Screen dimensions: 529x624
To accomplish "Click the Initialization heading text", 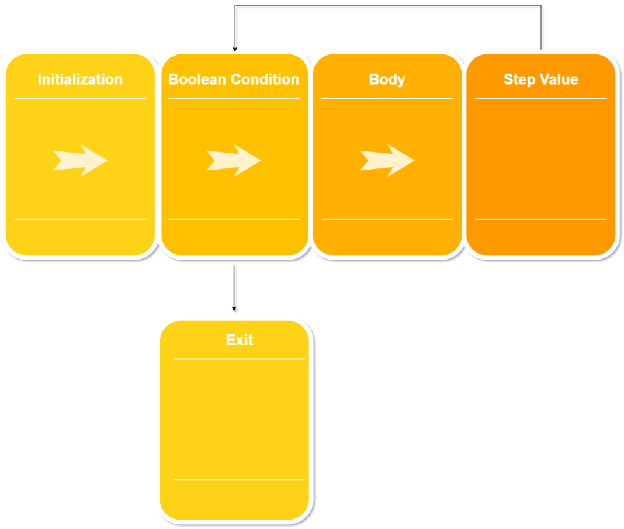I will point(80,79).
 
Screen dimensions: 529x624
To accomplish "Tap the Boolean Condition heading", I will point(234,79).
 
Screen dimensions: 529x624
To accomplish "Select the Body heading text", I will point(387,79).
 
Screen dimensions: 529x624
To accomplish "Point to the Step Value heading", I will point(541,79).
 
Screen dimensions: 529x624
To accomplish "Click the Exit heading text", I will point(240,340).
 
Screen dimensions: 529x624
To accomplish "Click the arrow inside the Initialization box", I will point(80,160).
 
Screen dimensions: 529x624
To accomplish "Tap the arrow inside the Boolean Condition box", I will point(234,160).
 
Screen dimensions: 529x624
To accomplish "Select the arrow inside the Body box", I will point(387,160).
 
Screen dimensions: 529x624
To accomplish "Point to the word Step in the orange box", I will point(516,79).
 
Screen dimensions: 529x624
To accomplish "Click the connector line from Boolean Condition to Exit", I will point(236,286).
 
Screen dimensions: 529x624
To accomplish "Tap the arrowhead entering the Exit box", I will point(235,309).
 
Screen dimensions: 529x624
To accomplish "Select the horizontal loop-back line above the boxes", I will point(389,8).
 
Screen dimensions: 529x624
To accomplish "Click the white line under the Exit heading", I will point(240,359).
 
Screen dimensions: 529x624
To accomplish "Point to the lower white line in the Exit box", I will point(240,480).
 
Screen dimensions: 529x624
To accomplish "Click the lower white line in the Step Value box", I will point(541,219).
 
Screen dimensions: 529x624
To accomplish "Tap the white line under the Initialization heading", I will point(80,99).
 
